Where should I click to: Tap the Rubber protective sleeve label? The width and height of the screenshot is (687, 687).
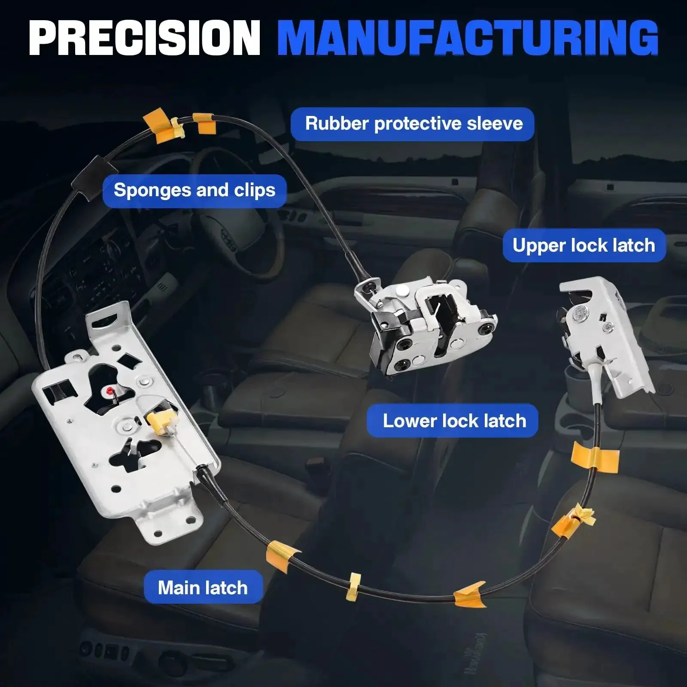[x=413, y=124]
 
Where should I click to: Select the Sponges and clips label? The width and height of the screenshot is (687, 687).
[x=195, y=191]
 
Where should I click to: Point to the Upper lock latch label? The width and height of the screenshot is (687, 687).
[x=584, y=246]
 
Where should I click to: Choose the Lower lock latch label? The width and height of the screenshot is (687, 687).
[x=454, y=421]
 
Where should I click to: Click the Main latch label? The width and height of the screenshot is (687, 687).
[x=203, y=588]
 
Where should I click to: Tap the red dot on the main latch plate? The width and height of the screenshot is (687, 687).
[x=110, y=391]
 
